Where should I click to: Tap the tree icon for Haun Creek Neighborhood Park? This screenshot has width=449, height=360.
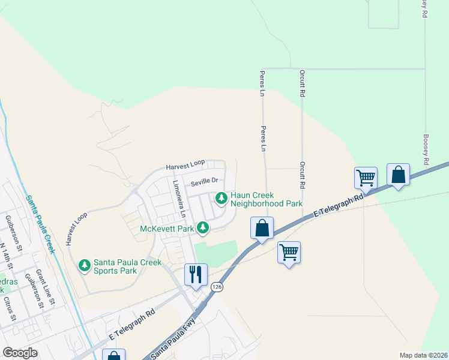pyautogui.click(x=221, y=197)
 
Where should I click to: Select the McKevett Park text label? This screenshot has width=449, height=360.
pyautogui.click(x=167, y=229)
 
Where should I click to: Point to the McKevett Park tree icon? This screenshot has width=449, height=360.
pyautogui.click(x=203, y=227)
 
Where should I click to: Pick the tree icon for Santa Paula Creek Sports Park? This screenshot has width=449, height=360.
pyautogui.click(x=85, y=264)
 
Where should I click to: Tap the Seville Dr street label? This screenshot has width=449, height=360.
pyautogui.click(x=204, y=181)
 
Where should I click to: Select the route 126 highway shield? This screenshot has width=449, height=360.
pyautogui.click(x=216, y=288)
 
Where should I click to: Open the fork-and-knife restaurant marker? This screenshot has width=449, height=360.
pyautogui.click(x=196, y=275)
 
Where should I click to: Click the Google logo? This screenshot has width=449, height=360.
pyautogui.click(x=20, y=353)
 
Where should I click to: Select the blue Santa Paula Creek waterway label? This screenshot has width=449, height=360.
pyautogui.click(x=39, y=224)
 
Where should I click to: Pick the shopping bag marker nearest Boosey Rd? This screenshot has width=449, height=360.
pyautogui.click(x=398, y=175)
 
